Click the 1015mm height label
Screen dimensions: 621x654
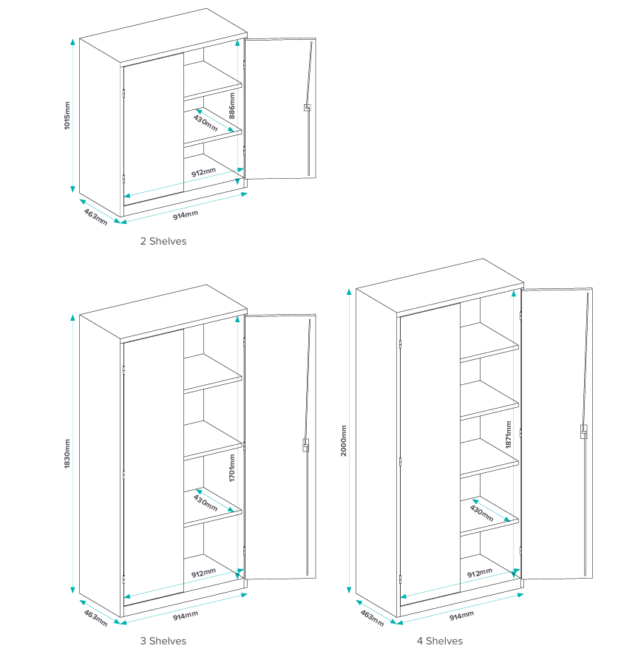click(x=67, y=115)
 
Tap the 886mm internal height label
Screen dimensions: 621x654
click(x=232, y=106)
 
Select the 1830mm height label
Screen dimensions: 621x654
click(x=67, y=454)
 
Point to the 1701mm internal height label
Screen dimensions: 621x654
click(x=232, y=468)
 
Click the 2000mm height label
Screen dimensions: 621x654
click(x=344, y=440)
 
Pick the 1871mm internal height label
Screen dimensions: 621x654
click(x=509, y=435)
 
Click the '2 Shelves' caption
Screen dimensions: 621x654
click(x=163, y=241)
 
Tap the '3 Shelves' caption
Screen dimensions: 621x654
click(x=163, y=641)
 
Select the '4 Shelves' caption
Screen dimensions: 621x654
click(x=440, y=641)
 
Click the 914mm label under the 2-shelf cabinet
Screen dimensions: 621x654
click(x=186, y=215)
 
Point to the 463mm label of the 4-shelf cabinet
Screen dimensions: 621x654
click(x=372, y=618)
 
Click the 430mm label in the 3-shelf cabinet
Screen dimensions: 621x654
click(x=206, y=503)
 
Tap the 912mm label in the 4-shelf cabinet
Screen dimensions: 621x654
click(x=480, y=573)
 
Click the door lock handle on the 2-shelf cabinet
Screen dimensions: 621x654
click(x=307, y=108)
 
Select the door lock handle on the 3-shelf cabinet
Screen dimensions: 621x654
click(x=306, y=445)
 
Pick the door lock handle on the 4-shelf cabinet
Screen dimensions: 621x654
click(x=584, y=432)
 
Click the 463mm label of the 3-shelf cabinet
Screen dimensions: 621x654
click(x=95, y=618)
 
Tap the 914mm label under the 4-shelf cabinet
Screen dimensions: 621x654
click(x=461, y=616)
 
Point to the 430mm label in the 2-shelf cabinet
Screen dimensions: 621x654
click(x=206, y=123)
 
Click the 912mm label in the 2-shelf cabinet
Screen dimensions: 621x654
click(x=203, y=172)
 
